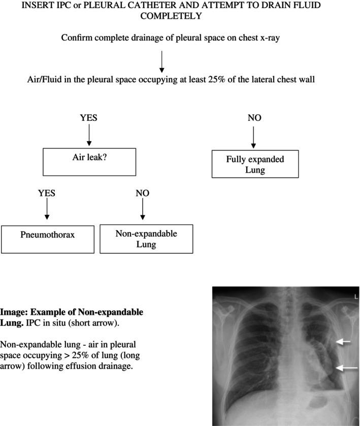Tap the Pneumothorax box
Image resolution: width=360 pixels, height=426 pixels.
pyautogui.click(x=47, y=239)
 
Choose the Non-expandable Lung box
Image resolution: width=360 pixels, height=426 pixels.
pyautogui.click(x=146, y=238)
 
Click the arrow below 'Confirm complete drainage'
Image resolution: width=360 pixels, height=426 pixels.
pyautogui.click(x=161, y=61)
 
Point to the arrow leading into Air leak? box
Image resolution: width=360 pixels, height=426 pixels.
pyautogui.click(x=89, y=135)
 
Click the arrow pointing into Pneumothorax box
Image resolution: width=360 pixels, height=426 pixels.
pyautogui.click(x=47, y=209)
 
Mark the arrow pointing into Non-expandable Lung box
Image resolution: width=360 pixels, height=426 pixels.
pyautogui.click(x=143, y=209)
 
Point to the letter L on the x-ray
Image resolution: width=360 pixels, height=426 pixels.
pyautogui.click(x=356, y=296)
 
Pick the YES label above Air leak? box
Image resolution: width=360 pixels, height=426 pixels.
pyautogui.click(x=88, y=118)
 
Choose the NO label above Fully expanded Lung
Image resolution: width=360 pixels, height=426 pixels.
pyautogui.click(x=254, y=118)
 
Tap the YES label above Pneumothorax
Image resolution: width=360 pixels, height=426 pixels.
pyautogui.click(x=47, y=193)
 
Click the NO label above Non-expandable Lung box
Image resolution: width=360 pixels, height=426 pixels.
pyautogui.click(x=143, y=193)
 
